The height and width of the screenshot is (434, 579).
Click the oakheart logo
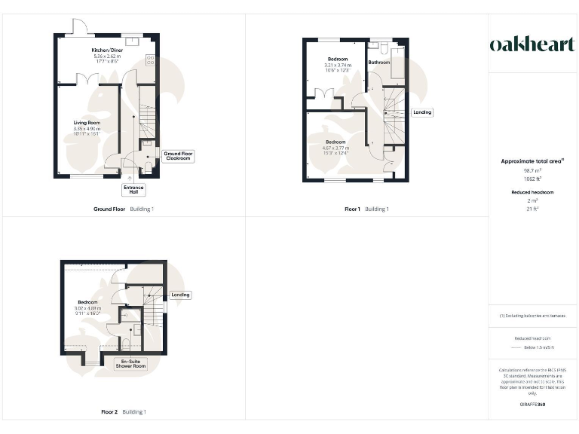532,45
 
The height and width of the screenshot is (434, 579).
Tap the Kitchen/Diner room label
106,50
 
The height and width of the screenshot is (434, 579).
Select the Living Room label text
87,122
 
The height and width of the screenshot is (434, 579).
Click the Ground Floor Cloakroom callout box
178,156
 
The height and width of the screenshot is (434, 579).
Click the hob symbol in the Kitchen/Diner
149,60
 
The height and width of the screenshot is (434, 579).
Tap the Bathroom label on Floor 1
379,63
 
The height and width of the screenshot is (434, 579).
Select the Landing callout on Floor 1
422,112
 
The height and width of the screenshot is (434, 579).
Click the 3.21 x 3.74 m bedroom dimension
338,65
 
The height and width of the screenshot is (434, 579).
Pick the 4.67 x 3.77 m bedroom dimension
335,148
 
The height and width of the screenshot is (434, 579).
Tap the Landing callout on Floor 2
179,295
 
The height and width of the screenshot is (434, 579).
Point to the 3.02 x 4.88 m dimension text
87,307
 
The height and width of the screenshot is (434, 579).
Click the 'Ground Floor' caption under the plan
109,209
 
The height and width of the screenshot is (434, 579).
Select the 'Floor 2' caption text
109,412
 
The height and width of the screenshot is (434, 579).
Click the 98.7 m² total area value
532,171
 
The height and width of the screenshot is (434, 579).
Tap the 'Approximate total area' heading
532,161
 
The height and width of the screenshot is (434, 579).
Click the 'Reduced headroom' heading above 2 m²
532,192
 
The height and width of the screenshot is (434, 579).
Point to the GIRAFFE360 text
532,405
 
